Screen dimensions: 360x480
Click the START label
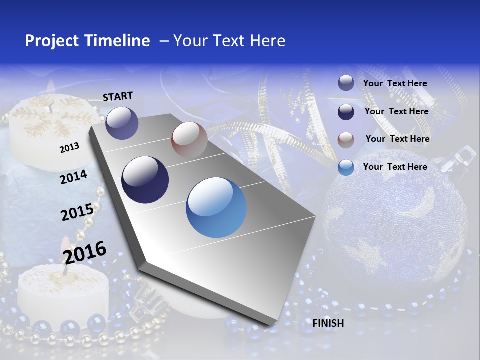coord(118,96)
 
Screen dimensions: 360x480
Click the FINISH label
coord(328,323)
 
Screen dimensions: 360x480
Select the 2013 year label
coord(69,148)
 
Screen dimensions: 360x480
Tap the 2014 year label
coord(73,177)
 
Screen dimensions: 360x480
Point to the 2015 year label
coord(77,212)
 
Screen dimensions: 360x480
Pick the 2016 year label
coord(85,252)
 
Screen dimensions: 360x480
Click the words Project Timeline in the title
coord(87,41)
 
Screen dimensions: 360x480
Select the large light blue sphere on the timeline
coord(216,207)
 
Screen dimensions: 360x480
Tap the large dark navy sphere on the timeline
coord(145,180)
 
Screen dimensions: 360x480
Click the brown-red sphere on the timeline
coord(189,139)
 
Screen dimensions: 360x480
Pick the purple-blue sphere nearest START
coord(122,123)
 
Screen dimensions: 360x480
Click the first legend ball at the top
coord(346,83)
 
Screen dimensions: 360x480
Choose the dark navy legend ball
coord(346,112)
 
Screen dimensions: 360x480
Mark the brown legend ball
coord(346,140)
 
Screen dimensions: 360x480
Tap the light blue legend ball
coord(346,167)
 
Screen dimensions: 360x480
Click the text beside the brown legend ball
coord(397,139)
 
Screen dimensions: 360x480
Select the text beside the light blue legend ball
coord(395,167)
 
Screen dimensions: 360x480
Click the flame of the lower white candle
coord(65,248)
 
